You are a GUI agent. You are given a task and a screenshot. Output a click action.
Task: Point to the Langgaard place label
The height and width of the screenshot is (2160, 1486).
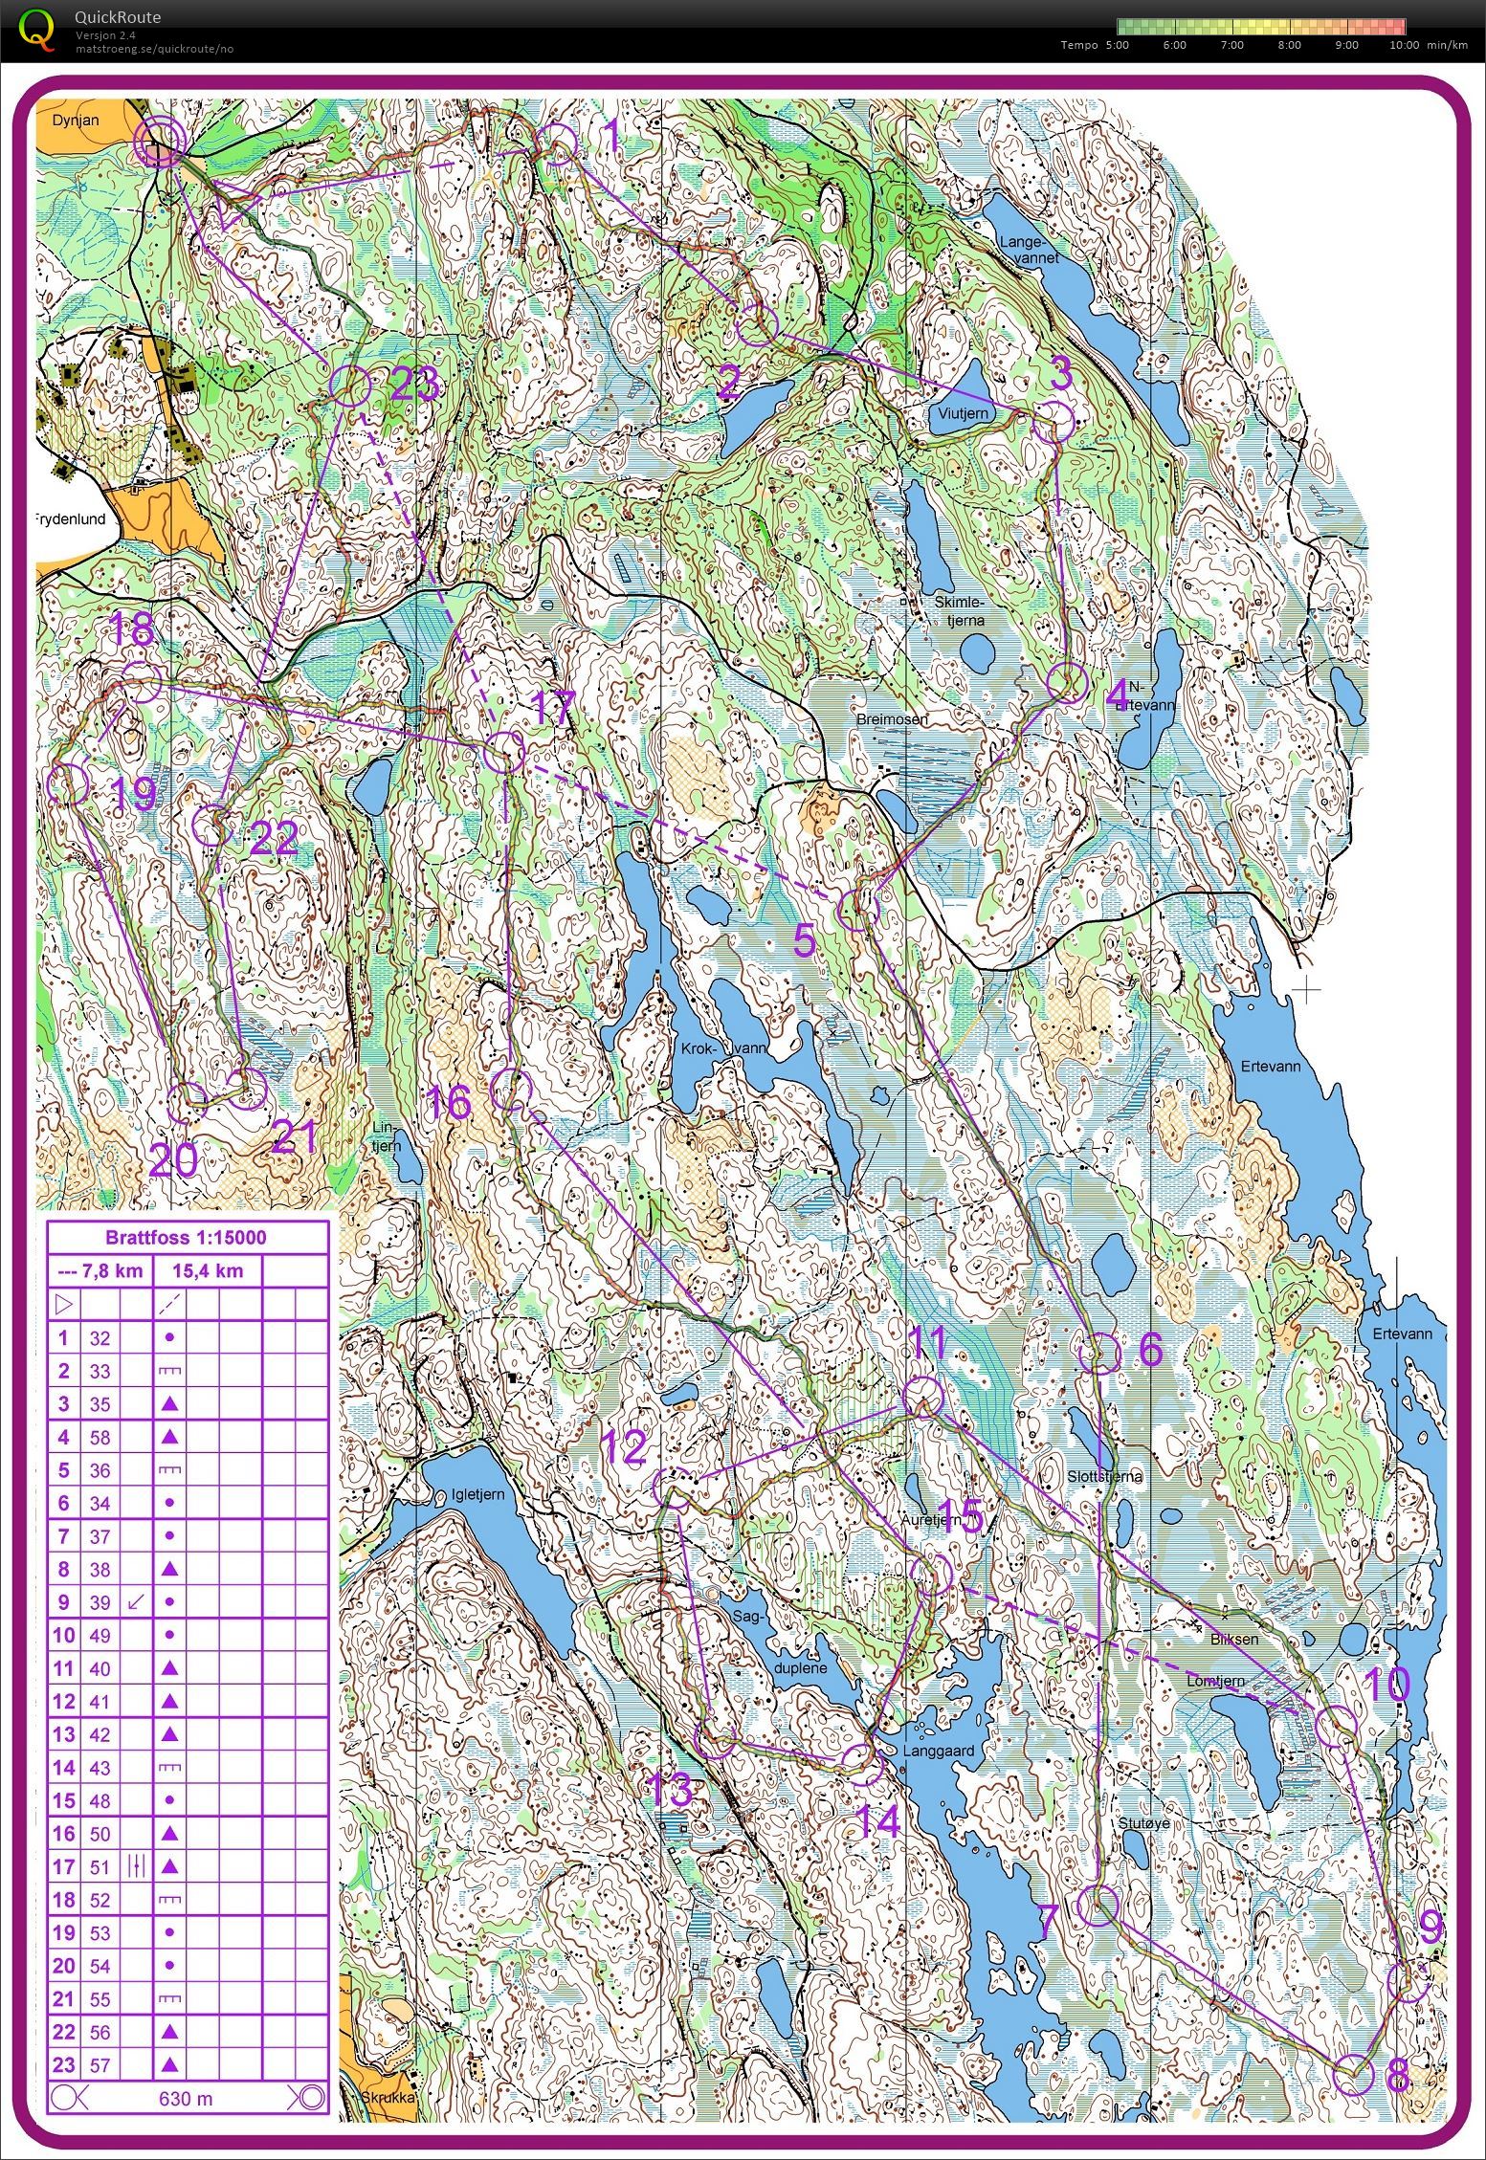938,1752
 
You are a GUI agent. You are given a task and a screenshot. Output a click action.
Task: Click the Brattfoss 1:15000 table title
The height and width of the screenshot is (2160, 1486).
187,1237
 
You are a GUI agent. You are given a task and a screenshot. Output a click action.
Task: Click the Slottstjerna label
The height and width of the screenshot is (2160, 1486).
1103,1476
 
